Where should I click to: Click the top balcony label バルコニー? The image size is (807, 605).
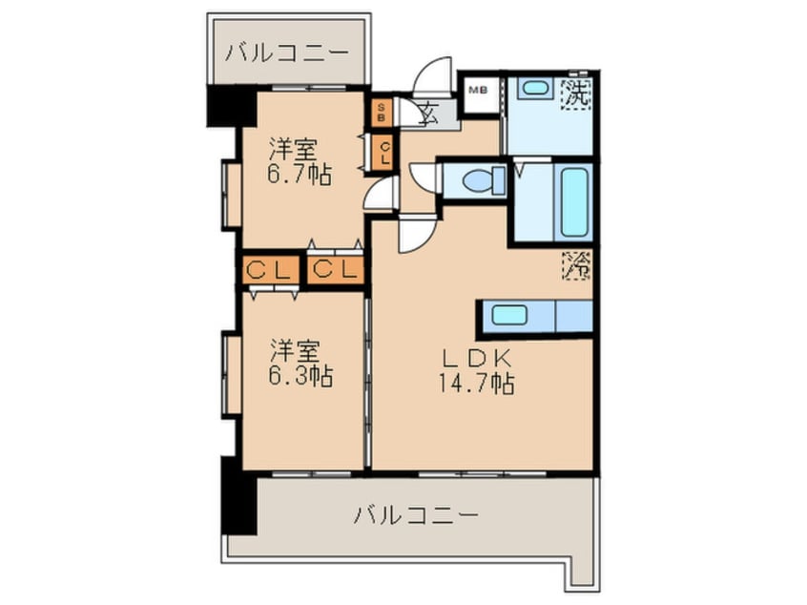coord(287,52)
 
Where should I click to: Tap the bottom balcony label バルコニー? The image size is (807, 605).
coord(414,516)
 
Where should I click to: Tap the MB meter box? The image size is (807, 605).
coord(477,91)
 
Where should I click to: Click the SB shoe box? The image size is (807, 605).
coord(382,114)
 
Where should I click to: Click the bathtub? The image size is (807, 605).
coord(575,201)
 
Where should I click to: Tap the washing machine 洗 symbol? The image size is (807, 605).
coord(576,94)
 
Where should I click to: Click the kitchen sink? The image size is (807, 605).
coord(509,314)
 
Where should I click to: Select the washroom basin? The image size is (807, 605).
coord(535,88)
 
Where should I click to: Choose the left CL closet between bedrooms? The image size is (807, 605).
coord(269,270)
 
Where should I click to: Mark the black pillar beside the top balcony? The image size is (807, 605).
coord(228,106)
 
